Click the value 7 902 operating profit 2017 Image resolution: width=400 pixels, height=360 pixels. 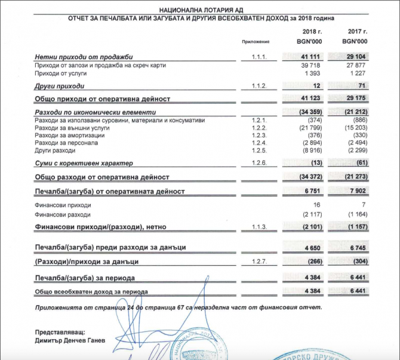point(356,191)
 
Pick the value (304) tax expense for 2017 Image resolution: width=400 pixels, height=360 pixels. point(358,262)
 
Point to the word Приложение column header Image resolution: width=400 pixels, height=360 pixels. point(256,42)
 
